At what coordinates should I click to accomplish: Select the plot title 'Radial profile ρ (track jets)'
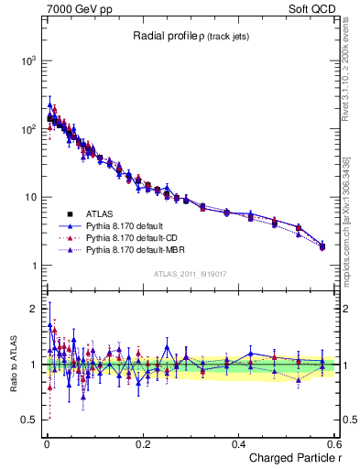click(x=192, y=37)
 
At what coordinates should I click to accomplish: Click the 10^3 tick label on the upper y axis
click(x=26, y=60)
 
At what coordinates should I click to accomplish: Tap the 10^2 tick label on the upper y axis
click(x=26, y=129)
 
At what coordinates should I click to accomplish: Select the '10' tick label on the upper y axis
click(x=29, y=198)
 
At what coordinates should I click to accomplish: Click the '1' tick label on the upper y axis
click(x=33, y=266)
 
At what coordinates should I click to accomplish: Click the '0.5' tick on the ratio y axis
click(x=29, y=420)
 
